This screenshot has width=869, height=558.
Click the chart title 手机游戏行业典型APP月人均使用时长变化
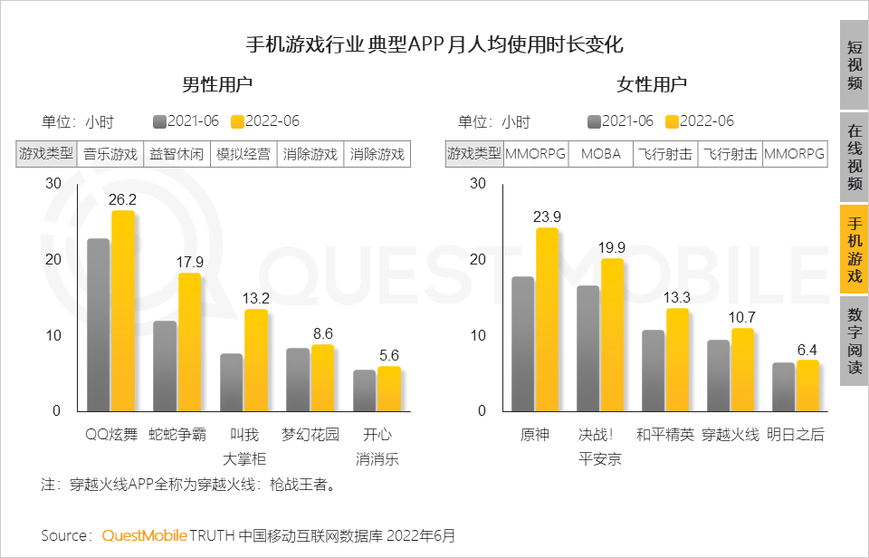434,44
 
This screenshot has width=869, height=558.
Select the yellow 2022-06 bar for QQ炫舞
123,311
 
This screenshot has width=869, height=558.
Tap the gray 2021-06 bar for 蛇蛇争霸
165,365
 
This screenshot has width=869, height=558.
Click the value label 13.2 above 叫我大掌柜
256,298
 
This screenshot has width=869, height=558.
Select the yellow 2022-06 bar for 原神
548,319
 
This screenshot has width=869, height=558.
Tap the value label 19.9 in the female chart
613,247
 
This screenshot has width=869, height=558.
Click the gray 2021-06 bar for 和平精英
654,370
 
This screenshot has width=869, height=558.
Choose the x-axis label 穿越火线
731,435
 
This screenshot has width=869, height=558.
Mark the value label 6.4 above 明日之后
807,350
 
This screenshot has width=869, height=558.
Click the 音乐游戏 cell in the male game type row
111,154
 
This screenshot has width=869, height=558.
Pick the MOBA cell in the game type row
600,154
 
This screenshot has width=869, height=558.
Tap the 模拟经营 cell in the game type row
244,154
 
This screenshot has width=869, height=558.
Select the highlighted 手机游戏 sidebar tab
854,249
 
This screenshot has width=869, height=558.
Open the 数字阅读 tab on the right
854,342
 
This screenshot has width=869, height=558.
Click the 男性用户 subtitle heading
217,85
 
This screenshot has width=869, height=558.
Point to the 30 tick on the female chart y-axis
478,183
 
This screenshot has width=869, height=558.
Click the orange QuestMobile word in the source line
144,535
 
